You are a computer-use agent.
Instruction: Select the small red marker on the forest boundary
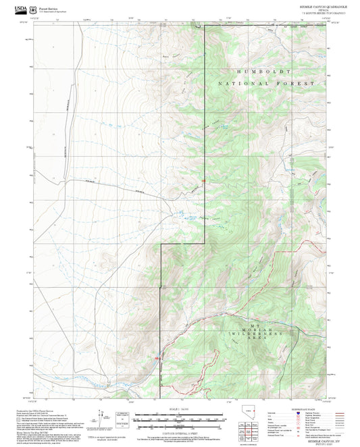[x=203, y=181]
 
